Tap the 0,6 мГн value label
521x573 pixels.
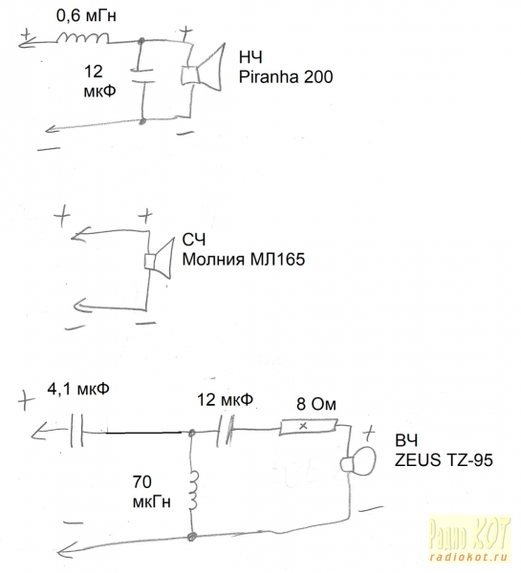pos(86,16)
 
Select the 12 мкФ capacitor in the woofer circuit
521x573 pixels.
pos(141,75)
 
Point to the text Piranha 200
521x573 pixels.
pos(286,76)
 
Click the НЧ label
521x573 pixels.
pos(250,57)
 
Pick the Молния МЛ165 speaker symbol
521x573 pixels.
pos(159,260)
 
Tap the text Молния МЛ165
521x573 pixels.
pos(244,260)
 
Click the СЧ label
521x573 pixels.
pos(194,240)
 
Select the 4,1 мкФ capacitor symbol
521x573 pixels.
pos(76,430)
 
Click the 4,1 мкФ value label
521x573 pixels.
pos(78,390)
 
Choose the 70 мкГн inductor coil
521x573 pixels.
pos(193,490)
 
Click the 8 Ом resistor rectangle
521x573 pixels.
pos(308,427)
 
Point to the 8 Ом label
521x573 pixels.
pos(316,404)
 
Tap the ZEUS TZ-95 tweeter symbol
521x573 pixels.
pos(358,461)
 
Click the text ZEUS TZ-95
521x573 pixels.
pos(444,460)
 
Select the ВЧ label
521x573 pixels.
pos(406,440)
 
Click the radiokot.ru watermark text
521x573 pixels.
pos(469,557)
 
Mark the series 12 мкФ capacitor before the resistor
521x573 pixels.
pos(225,431)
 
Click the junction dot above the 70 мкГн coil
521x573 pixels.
pos(191,434)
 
